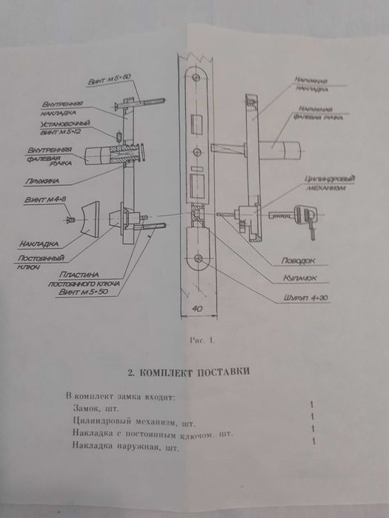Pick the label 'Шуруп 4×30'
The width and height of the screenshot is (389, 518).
pyautogui.click(x=303, y=298)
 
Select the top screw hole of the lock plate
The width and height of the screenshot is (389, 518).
pyautogui.click(x=196, y=78)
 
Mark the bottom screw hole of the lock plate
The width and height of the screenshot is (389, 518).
pyautogui.click(x=199, y=258)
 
